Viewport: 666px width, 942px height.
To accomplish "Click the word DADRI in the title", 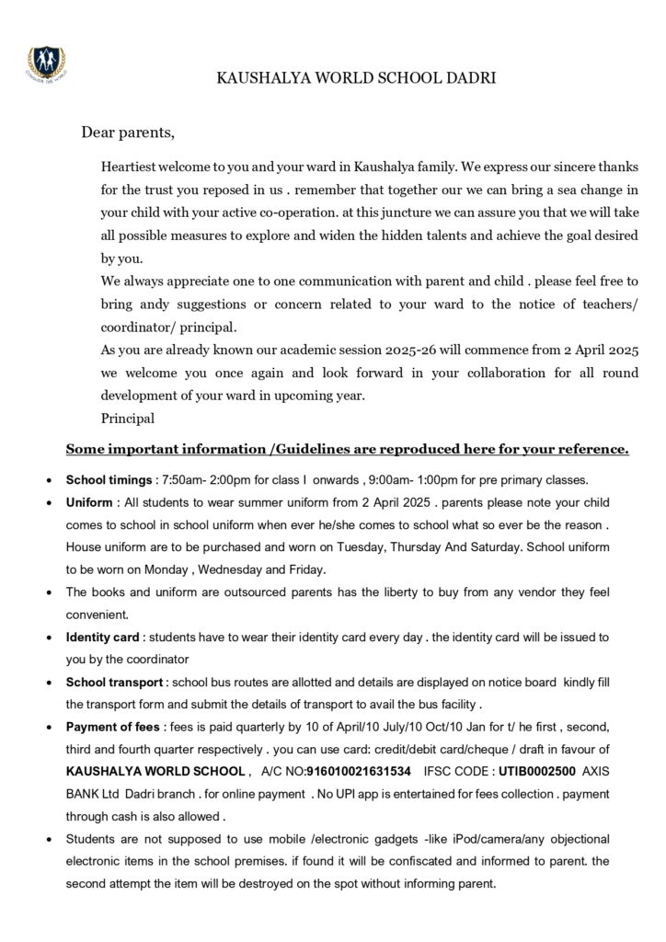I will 470,79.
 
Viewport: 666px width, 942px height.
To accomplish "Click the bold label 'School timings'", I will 107,481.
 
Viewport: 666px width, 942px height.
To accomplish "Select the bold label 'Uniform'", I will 88,504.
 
